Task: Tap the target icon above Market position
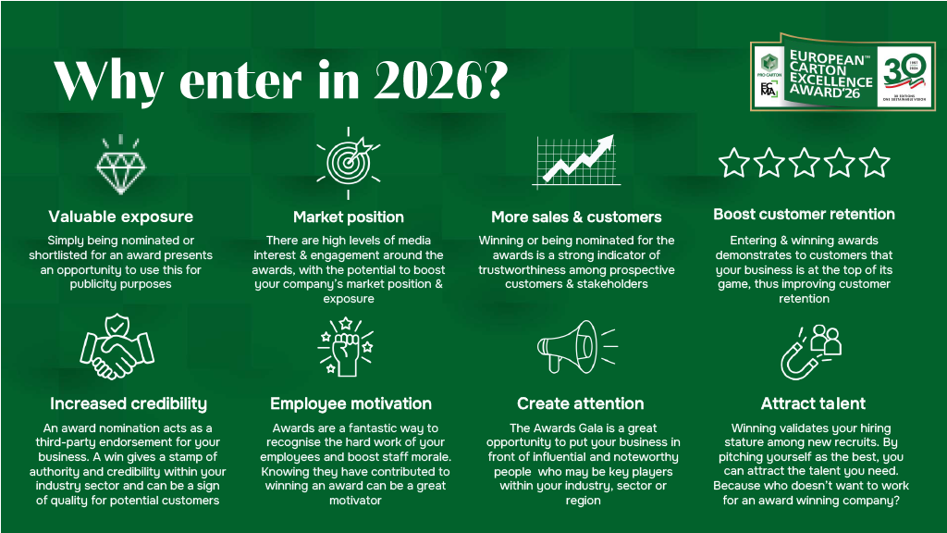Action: pyautogui.click(x=349, y=163)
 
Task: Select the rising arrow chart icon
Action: pyautogui.click(x=577, y=161)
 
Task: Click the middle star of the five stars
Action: pyautogui.click(x=804, y=163)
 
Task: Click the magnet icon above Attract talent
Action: pyautogui.click(x=810, y=353)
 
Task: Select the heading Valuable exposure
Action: pyautogui.click(x=121, y=217)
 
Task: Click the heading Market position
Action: pyautogui.click(x=349, y=217)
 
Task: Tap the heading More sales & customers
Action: pyautogui.click(x=576, y=217)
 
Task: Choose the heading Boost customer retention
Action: pyautogui.click(x=804, y=214)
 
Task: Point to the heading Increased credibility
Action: pyautogui.click(x=129, y=403)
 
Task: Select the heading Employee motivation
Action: pyautogui.click(x=351, y=403)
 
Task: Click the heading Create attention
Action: pyautogui.click(x=581, y=403)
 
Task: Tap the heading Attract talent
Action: pyautogui.click(x=813, y=403)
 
